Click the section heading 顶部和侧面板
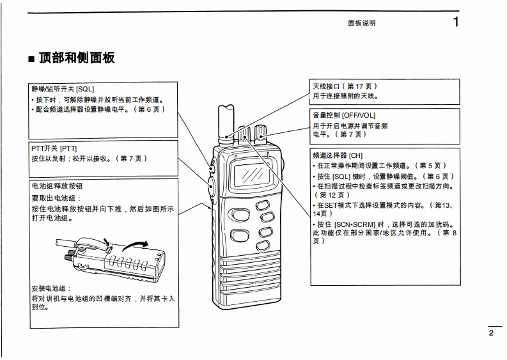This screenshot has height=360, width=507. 77,58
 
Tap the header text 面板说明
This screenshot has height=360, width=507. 361,23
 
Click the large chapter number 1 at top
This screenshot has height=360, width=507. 455,22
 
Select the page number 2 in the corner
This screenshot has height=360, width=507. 491,333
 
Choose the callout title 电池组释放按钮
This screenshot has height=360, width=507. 57,186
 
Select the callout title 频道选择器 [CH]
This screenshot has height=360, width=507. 338,155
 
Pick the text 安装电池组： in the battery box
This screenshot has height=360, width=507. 52,288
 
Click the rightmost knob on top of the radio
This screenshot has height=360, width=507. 261,134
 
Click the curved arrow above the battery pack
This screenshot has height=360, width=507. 135,245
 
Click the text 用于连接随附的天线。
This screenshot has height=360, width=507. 345,97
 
